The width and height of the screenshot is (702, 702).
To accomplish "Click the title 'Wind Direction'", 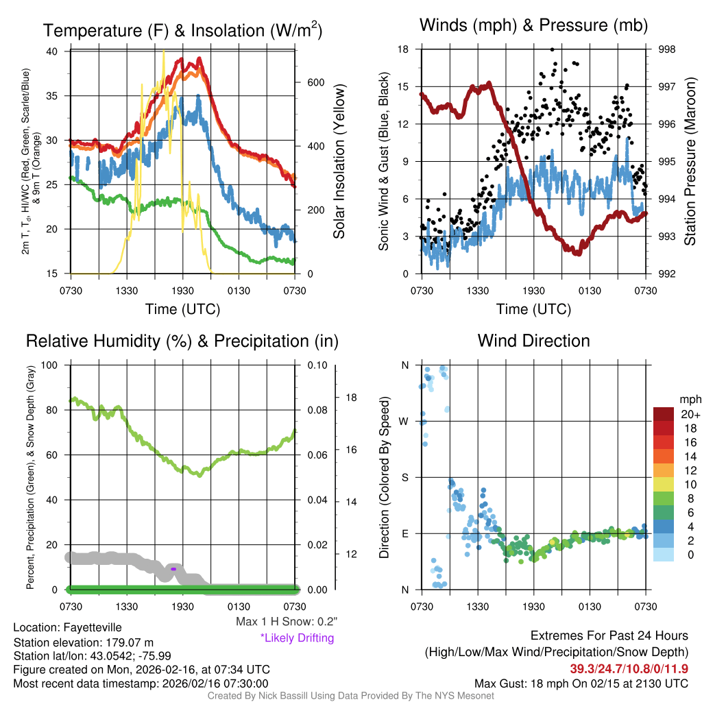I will [x=533, y=341].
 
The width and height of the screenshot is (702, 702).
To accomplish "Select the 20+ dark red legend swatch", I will [x=663, y=415].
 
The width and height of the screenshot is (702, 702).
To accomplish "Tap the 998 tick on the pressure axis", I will [x=666, y=49].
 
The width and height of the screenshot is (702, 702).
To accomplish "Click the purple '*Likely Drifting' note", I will [x=297, y=638].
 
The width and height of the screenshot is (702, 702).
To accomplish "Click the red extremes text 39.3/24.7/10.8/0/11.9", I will [x=629, y=668].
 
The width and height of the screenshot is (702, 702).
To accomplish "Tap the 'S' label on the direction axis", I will [x=404, y=477].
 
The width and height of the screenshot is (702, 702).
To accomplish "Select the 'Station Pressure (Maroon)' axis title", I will [x=690, y=162].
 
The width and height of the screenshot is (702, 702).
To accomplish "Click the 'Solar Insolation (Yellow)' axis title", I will [x=339, y=162].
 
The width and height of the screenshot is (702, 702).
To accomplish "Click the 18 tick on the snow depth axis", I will [x=351, y=398].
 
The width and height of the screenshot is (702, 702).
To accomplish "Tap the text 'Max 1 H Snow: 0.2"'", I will [x=286, y=621].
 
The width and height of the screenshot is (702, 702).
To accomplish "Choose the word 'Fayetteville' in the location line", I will [x=93, y=627].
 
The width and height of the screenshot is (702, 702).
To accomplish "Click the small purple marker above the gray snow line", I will [x=173, y=569].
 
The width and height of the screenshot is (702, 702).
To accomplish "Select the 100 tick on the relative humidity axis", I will [x=49, y=365].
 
